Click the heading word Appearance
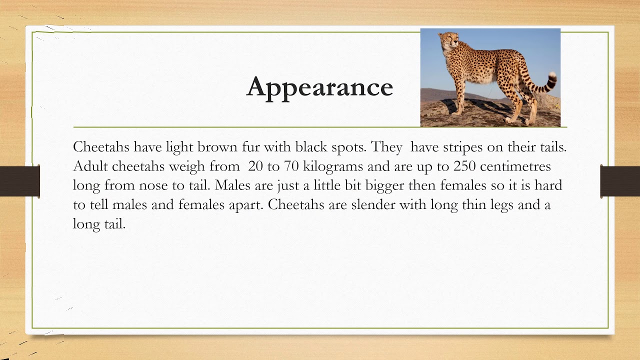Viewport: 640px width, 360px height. [319, 87]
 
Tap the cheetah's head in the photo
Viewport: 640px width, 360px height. [448, 40]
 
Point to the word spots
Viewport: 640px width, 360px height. [348, 147]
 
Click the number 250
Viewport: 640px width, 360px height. [464, 166]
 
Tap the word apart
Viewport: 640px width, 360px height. [244, 205]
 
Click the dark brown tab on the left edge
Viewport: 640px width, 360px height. [19, 180]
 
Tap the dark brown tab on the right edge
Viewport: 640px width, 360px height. [620, 180]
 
